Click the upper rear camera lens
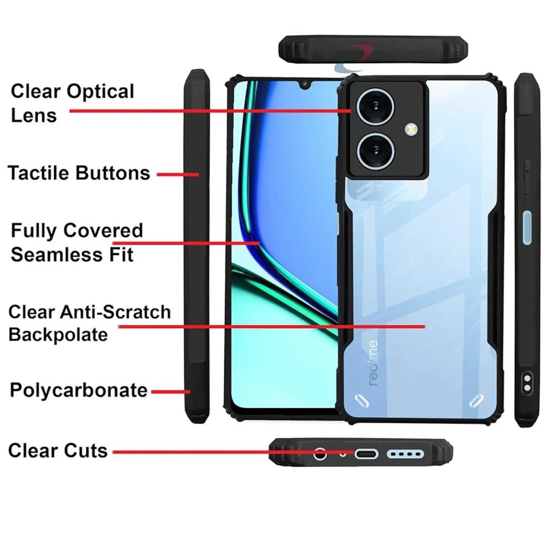375,107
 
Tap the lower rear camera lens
375,151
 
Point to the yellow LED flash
412,129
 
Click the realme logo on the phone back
372,363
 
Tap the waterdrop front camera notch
305,84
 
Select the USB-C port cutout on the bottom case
367,454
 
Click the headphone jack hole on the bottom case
320,453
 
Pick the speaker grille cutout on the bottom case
405,454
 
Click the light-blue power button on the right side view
527,228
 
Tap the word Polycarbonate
78,390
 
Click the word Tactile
39,173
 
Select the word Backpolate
58,334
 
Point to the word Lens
34,115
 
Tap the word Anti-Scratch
115,312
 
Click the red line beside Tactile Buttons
178,174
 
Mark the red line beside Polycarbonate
171,392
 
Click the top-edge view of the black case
373,49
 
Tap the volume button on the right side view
527,181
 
